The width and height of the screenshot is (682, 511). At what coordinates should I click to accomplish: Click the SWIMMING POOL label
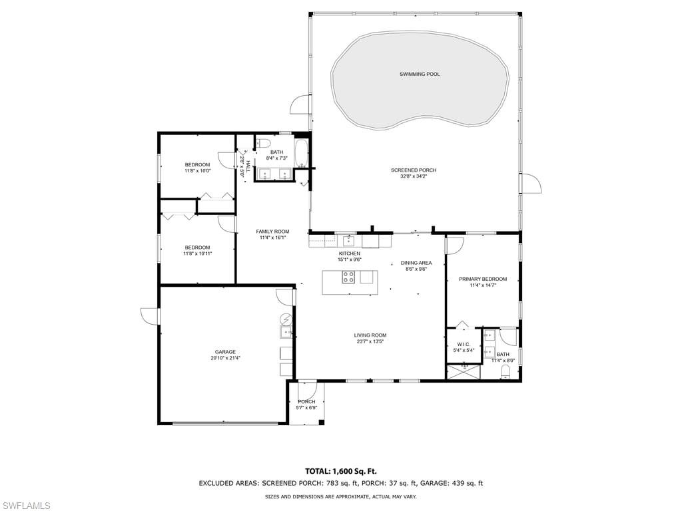click(x=420, y=74)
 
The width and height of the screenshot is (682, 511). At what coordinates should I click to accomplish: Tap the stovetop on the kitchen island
click(x=348, y=278)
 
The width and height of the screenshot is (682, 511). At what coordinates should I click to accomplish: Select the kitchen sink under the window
click(x=348, y=240)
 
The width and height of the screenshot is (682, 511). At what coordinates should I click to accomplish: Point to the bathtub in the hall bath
click(x=301, y=153)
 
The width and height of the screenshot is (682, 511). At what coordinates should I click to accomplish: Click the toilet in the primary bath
click(x=506, y=371)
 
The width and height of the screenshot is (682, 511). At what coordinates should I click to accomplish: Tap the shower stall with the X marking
click(x=463, y=371)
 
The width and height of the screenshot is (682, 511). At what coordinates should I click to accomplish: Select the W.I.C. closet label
click(x=464, y=344)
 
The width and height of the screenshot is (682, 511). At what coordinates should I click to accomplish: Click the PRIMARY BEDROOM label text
click(x=483, y=279)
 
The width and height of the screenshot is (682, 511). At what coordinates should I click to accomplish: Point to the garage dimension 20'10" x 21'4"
click(x=225, y=358)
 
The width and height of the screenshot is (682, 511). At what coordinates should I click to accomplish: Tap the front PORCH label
click(x=306, y=402)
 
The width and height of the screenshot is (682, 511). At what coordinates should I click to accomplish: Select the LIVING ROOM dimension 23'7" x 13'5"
click(x=370, y=341)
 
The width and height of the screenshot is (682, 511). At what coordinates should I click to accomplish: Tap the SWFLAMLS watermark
click(x=26, y=506)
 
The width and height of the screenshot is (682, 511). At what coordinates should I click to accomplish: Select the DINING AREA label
click(x=416, y=263)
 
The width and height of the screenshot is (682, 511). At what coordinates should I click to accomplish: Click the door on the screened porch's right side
click(x=531, y=183)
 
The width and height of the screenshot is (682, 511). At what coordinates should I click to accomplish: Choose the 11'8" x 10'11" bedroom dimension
click(x=197, y=254)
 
